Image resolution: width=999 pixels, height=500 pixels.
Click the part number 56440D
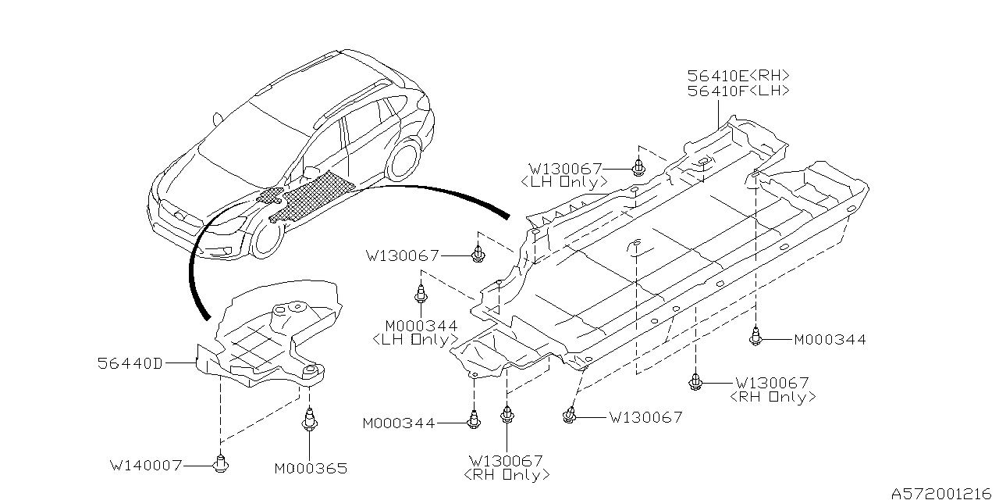(130, 363)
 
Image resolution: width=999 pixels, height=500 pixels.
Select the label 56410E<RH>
(738, 76)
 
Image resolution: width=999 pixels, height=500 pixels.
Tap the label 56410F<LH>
(738, 91)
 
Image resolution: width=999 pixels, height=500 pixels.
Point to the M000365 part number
(310, 469)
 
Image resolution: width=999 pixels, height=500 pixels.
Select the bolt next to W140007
(220, 464)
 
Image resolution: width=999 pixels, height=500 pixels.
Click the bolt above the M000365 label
(310, 421)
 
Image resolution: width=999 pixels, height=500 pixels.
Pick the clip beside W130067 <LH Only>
(638, 168)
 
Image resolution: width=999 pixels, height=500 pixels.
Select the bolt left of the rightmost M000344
(755, 338)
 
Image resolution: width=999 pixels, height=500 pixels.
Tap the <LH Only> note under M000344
(415, 340)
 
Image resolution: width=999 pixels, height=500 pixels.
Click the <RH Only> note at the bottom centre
(507, 474)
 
